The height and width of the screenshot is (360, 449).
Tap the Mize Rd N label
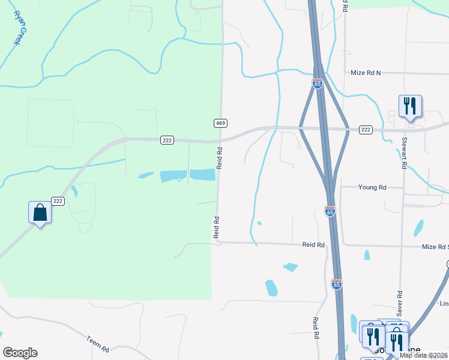(x=366, y=73)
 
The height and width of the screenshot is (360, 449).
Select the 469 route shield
(x=220, y=123)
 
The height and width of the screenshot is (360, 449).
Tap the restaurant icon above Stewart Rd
(x=410, y=106)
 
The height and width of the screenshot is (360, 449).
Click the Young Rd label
(x=372, y=187)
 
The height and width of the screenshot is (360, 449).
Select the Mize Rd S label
(x=435, y=247)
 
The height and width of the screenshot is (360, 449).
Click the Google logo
(x=20, y=353)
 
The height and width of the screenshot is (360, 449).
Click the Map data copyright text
(x=424, y=355)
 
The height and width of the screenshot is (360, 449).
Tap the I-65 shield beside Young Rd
(x=330, y=211)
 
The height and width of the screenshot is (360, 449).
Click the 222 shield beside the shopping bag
(x=58, y=201)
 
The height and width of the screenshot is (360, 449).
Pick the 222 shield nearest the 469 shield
(x=167, y=140)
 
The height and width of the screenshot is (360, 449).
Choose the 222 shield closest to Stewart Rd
(x=365, y=130)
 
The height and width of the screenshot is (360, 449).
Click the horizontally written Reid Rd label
(x=313, y=245)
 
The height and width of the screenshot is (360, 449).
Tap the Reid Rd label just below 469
(x=220, y=157)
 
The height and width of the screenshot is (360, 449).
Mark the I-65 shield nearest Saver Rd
(x=337, y=284)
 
